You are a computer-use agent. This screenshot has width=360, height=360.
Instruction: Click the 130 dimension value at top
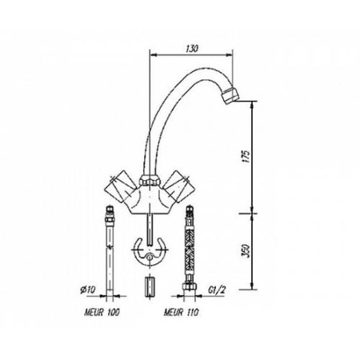(192, 49)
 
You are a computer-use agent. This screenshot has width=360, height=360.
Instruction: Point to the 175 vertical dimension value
(246, 157)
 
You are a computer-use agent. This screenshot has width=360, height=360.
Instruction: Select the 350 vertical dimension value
(246, 251)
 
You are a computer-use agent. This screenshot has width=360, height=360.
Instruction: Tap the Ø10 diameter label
(88, 290)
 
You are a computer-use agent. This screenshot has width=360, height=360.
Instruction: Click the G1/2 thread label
(217, 290)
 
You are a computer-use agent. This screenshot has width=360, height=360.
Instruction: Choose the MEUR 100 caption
(102, 312)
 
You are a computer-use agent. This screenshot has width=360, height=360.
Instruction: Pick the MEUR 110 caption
(182, 312)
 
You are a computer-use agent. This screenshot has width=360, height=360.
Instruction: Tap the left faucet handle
(121, 186)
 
